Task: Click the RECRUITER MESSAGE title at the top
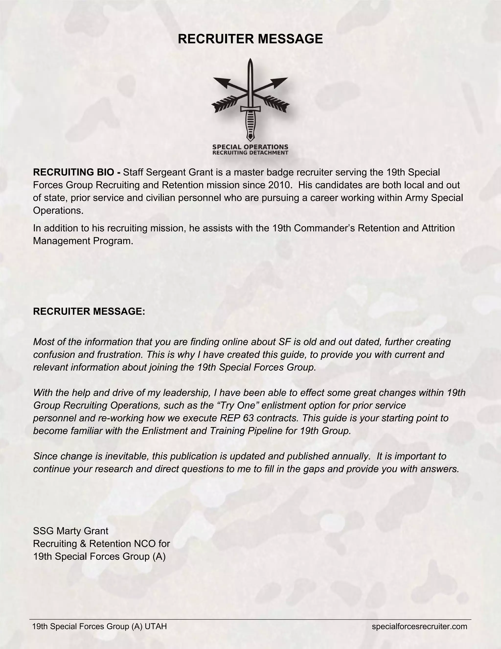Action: [x=250, y=39]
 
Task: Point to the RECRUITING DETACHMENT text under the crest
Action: [x=250, y=153]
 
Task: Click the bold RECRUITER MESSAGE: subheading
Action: [x=89, y=312]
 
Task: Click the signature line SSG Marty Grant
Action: [x=71, y=531]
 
